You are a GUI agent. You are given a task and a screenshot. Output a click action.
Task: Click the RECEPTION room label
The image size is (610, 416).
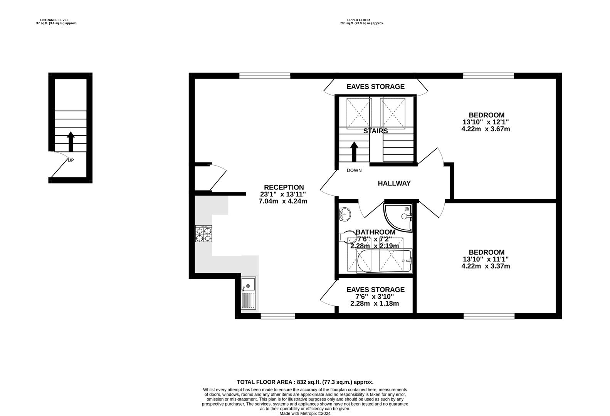(x=284, y=187)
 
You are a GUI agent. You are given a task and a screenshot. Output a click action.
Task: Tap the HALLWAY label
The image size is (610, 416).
(x=394, y=183)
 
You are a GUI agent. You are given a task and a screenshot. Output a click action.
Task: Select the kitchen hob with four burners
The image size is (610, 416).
(x=204, y=234)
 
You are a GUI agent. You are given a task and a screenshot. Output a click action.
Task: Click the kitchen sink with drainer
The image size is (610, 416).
(x=249, y=293)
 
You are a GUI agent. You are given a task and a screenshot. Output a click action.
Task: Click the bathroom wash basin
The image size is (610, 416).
(x=345, y=214)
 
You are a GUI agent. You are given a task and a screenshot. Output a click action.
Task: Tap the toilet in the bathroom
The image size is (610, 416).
(x=347, y=237)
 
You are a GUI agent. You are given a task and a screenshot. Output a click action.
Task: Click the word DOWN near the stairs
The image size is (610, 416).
(x=354, y=170)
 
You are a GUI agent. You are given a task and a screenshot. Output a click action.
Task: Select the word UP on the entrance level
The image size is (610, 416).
(x=71, y=160)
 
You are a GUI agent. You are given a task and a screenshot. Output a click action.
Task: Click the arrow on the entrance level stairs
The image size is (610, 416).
(x=71, y=142)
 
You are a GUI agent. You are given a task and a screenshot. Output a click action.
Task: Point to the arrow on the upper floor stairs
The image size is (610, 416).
(x=354, y=152)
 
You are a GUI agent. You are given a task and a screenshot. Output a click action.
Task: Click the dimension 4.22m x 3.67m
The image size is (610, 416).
(x=486, y=129)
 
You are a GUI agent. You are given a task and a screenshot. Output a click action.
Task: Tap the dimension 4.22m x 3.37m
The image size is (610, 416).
(x=486, y=266)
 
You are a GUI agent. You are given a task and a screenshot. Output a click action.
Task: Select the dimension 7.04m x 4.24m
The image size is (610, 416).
(x=283, y=201)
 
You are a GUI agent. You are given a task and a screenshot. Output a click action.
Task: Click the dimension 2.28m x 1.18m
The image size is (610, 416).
(x=375, y=304)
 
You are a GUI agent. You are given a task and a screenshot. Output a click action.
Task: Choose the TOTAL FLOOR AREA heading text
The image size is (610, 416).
(x=305, y=382)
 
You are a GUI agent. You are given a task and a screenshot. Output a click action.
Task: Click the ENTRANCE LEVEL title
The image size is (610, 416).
(x=54, y=20)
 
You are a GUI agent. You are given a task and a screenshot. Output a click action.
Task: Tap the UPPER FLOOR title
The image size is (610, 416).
(x=358, y=20)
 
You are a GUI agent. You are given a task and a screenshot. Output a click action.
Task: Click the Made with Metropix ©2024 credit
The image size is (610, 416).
(x=305, y=413)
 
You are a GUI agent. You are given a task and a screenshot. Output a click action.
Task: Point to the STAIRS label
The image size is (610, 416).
(x=376, y=131)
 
